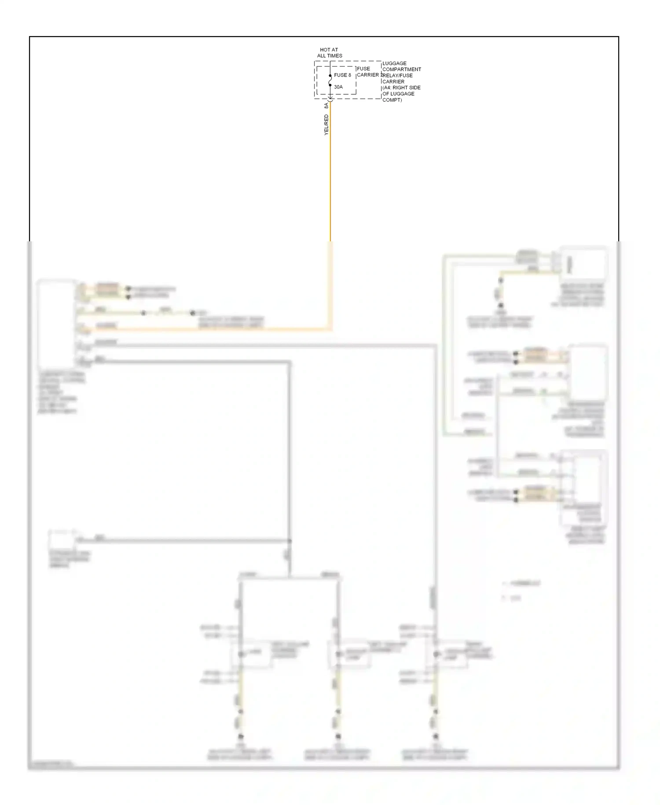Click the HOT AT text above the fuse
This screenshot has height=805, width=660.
(329, 50)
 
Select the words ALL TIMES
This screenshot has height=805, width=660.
(330, 56)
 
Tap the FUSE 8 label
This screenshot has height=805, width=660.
(342, 75)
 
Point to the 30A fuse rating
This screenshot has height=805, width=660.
(338, 87)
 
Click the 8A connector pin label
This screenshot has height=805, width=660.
(326, 106)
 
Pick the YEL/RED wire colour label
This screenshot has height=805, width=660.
(326, 125)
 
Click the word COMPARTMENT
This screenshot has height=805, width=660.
(401, 70)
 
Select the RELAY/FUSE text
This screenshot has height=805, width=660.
(397, 75)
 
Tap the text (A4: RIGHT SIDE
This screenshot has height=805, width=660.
(401, 88)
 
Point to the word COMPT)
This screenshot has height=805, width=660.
(392, 100)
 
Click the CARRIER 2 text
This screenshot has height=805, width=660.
(369, 75)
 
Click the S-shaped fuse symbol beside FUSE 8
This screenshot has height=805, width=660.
(330, 81)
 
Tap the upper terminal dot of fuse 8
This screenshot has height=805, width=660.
(330, 76)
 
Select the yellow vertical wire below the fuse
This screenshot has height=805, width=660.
(330, 176)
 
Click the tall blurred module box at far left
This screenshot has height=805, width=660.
(56, 324)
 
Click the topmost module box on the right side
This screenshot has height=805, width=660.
(583, 264)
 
